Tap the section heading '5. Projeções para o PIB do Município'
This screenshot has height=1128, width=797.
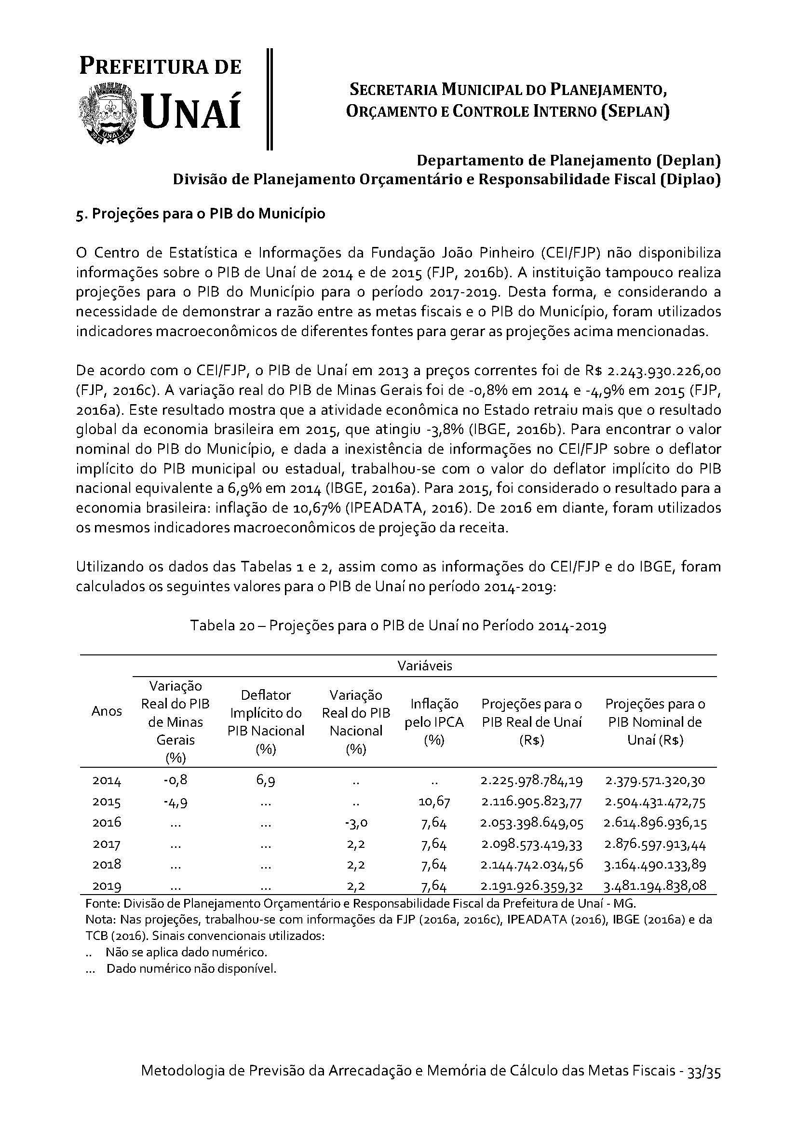[x=201, y=215]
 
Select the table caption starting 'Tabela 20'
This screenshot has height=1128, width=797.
[x=398, y=626]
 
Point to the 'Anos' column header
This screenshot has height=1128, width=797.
[x=107, y=711]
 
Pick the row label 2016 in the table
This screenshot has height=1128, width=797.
[x=107, y=822]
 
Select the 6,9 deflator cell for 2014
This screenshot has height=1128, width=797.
[x=266, y=781]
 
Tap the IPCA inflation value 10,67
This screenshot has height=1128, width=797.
[x=434, y=802]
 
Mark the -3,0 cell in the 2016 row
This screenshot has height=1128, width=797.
[x=356, y=822]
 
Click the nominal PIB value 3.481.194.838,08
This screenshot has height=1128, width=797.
[x=655, y=886]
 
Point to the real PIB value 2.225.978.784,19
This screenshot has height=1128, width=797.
[x=531, y=781]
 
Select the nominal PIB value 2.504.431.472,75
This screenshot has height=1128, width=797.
[x=655, y=802]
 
